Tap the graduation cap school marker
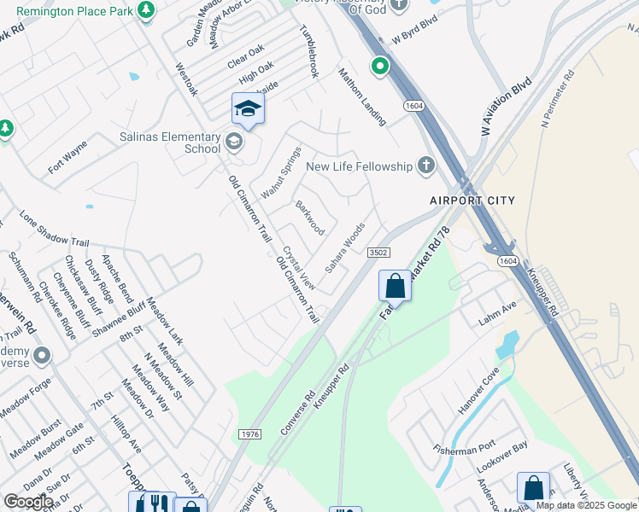click(248, 109)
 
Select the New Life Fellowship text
click(359, 166)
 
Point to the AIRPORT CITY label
click(472, 201)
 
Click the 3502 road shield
click(379, 253)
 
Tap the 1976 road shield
click(249, 434)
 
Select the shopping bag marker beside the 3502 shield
click(395, 286)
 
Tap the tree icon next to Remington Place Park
click(147, 9)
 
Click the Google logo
click(28, 502)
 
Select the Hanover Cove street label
click(478, 393)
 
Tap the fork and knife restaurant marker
click(155, 503)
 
